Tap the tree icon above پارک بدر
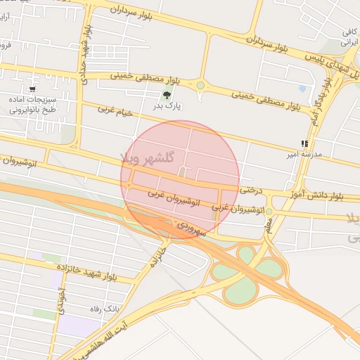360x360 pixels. (x=167, y=96)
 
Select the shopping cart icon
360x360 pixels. (x=33, y=89)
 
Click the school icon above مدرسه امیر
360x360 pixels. (x=304, y=143)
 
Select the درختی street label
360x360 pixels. (x=250, y=189)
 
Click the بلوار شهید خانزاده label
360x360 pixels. (x=101, y=274)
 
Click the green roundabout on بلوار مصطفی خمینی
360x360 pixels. (x=200, y=86)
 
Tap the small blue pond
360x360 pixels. (x=302, y=89)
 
